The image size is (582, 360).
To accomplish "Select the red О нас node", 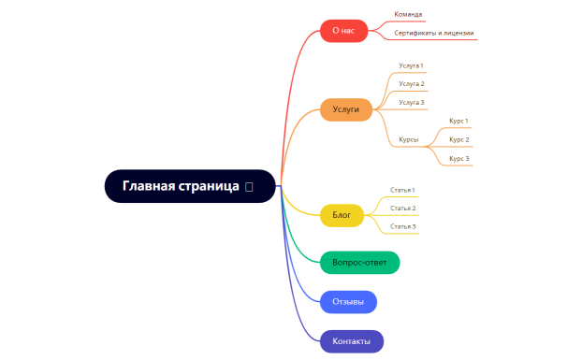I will pos(342,31).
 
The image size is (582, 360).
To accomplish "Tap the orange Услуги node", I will pos(345,109).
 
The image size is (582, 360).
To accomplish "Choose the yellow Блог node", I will pos(342,215).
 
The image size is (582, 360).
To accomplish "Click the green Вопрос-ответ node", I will pos(359,263).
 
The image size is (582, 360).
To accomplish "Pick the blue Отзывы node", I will pos(348,302).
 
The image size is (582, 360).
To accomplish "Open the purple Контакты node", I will pos(351,341).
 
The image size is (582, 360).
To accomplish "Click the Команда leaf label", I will pos(408,15).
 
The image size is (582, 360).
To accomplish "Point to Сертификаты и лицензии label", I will pos(433,33).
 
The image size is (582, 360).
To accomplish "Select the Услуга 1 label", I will pos(411,65).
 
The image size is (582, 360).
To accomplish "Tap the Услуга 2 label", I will pos(411,84).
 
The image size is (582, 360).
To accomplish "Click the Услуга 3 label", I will pos(411,102).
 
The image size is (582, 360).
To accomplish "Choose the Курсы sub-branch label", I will pos(408,139).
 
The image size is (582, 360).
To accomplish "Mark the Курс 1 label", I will pos(458,121).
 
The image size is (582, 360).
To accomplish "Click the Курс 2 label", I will pos(458,139).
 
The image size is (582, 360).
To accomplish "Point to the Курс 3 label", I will pos(458,158).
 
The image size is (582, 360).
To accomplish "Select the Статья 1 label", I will pos(402,190).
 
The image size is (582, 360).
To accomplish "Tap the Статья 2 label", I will pos(402,208).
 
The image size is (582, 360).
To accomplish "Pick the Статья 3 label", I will pos(402,226).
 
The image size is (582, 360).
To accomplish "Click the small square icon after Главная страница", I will pos(248,187).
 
